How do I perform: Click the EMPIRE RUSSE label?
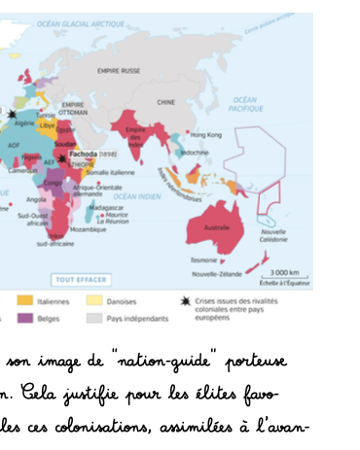[119, 71]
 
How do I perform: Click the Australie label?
[215, 226]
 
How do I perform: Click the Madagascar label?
[106, 206]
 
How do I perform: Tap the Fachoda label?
[86, 155]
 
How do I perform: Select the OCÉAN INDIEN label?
[135, 195]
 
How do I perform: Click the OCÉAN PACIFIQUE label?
[244, 104]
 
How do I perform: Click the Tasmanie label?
[204, 260]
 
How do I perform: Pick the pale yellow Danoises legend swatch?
[94, 302]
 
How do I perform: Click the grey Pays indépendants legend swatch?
[94, 318]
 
